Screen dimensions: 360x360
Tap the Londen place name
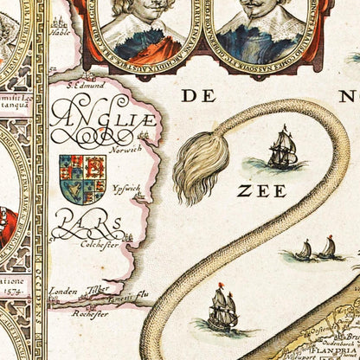pyautogui.click(x=63, y=292)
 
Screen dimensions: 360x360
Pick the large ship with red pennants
pyautogui.click(x=222, y=309)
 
